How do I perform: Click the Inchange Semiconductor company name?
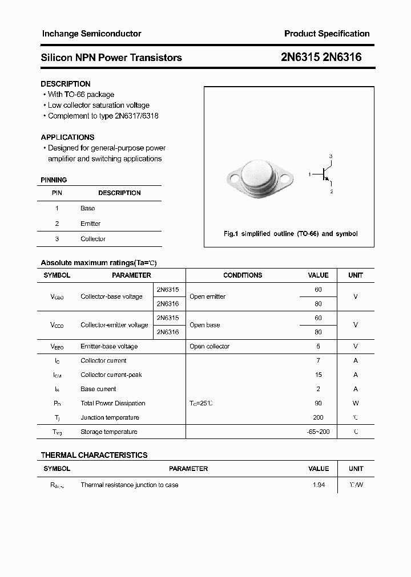(x=91, y=34)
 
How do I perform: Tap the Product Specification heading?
(x=327, y=34)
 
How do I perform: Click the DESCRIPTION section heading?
(x=65, y=84)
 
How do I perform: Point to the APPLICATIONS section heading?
(x=67, y=137)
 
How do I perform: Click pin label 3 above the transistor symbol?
(x=331, y=156)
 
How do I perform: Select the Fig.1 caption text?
(x=290, y=234)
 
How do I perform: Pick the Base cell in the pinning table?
(x=87, y=209)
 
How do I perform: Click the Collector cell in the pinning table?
(x=92, y=239)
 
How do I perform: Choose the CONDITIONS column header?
(x=243, y=275)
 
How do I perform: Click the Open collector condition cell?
(x=209, y=346)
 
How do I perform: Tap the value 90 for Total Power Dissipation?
(x=318, y=403)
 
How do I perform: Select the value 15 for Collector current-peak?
(x=318, y=375)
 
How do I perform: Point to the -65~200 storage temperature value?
(x=318, y=432)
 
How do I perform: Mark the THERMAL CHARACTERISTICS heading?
(x=94, y=455)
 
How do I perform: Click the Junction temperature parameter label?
(x=110, y=417)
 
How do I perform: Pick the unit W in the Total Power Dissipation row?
(x=356, y=403)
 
